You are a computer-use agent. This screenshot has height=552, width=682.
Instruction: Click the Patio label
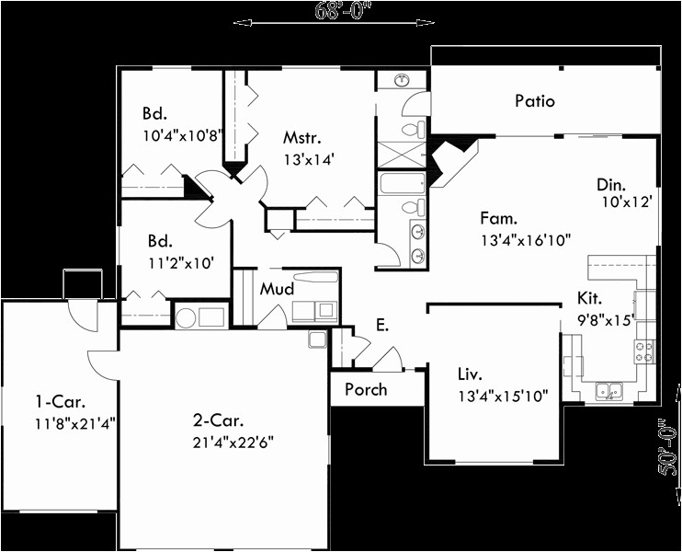click(535, 101)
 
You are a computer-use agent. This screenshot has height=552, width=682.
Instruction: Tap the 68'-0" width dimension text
click(339, 11)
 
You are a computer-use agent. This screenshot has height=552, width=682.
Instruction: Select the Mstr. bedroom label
click(302, 138)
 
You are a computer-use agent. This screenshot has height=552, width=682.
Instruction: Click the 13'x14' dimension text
click(309, 160)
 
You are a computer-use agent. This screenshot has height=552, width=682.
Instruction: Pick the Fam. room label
click(499, 218)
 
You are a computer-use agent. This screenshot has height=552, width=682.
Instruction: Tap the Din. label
click(611, 185)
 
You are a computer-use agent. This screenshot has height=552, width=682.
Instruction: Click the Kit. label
click(589, 298)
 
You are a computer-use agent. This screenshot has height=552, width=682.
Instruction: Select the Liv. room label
click(470, 374)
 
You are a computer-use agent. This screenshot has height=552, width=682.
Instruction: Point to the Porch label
click(366, 390)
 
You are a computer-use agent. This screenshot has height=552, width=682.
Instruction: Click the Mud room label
click(277, 289)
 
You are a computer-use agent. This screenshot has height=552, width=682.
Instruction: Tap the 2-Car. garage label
click(219, 420)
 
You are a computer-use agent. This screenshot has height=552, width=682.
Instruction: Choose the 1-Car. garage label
click(60, 402)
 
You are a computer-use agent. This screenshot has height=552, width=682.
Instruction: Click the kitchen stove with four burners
click(644, 351)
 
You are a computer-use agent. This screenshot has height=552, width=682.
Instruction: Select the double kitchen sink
click(609, 390)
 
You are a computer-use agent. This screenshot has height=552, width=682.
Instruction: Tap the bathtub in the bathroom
click(403, 184)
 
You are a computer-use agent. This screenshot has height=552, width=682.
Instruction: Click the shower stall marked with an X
click(402, 155)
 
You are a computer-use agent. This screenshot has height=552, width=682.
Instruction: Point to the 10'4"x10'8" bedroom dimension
click(183, 135)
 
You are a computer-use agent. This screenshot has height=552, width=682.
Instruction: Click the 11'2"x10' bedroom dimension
click(181, 262)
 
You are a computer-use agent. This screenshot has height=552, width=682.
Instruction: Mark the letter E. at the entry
click(381, 325)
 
